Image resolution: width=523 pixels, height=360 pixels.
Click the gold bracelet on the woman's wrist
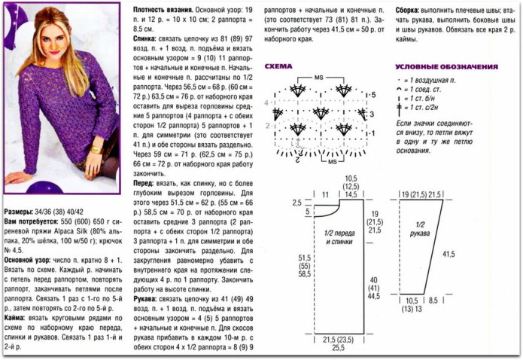coord(96,148)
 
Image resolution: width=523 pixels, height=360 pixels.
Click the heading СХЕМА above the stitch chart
coord(278,66)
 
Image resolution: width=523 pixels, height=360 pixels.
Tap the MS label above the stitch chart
coord(319,78)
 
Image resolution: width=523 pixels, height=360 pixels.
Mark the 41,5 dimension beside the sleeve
coord(449,255)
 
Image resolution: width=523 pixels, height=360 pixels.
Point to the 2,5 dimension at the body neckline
coord(297,203)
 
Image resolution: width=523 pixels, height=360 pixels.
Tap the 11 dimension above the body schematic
coord(326,194)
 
